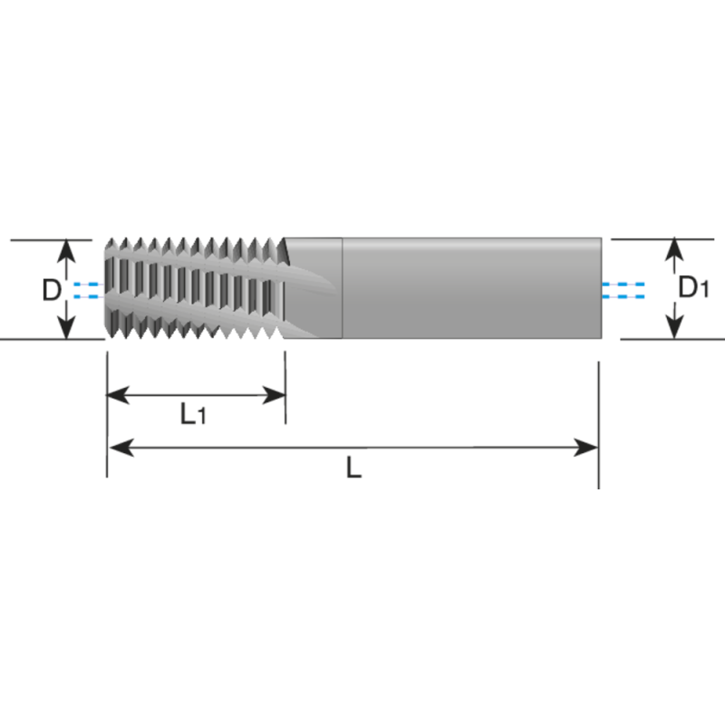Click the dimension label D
tap(52, 290)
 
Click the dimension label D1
tap(693, 288)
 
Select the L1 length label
tap(193, 415)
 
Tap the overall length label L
tap(353, 469)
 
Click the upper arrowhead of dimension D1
tap(672, 249)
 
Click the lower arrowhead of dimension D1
tap(672, 329)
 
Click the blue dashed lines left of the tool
tap(86, 290)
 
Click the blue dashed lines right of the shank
tap(623, 290)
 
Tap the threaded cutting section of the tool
tap(195, 288)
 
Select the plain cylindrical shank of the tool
tap(471, 288)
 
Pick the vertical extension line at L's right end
tap(599, 426)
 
